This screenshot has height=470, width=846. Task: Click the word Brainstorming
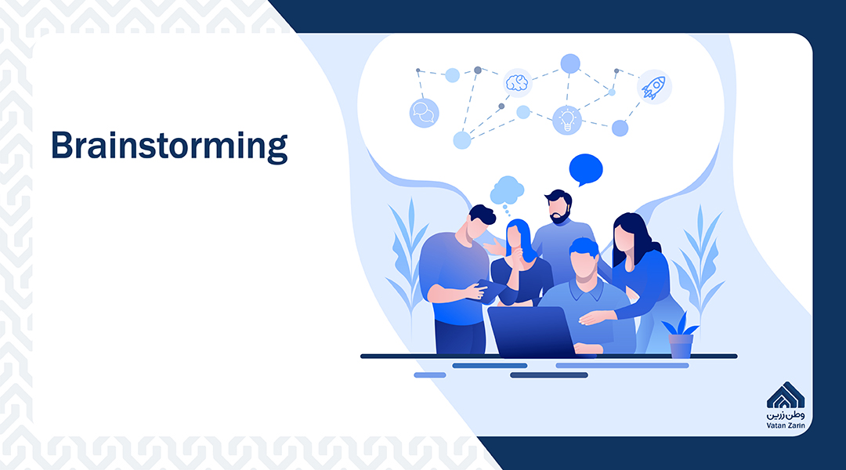point(169,146)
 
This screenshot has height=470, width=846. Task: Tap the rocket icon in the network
point(654,87)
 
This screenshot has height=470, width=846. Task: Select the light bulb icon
point(567,120)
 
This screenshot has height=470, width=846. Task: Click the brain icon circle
point(518,83)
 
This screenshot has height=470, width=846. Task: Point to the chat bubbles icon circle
point(424,113)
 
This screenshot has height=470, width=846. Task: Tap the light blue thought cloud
point(507,190)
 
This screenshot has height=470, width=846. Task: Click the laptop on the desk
point(531,331)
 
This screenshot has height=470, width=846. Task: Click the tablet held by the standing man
point(491,291)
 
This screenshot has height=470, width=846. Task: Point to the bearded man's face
point(559,208)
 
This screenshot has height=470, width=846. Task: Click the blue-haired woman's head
point(518,237)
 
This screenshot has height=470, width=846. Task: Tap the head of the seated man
point(584,259)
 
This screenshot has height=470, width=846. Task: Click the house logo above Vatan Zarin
point(786,396)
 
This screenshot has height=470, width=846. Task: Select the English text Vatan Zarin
point(786,425)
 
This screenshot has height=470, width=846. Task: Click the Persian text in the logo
point(786,415)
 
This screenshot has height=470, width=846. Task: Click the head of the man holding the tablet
point(479,221)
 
